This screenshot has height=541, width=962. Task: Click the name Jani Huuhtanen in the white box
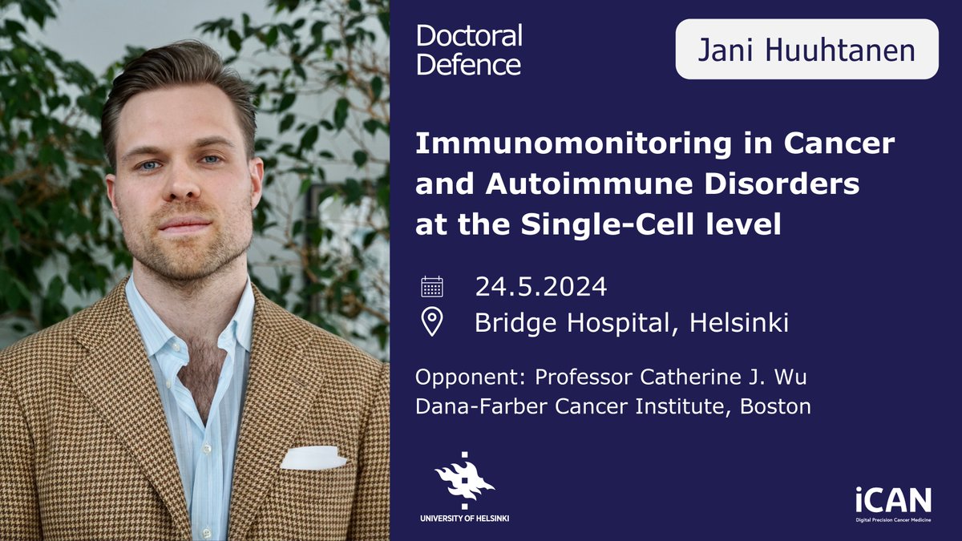(806, 50)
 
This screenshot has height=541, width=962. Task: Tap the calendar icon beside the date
(432, 286)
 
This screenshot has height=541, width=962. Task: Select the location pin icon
(432, 322)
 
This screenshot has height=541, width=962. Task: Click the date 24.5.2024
(541, 286)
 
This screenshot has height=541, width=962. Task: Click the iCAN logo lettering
(891, 501)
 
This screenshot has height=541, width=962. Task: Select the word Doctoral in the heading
(470, 36)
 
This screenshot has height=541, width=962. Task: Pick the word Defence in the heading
(469, 63)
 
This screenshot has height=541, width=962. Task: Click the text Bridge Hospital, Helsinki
(632, 322)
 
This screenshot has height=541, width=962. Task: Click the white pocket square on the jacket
(313, 458)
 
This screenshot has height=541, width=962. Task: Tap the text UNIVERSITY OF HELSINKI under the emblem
(464, 519)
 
